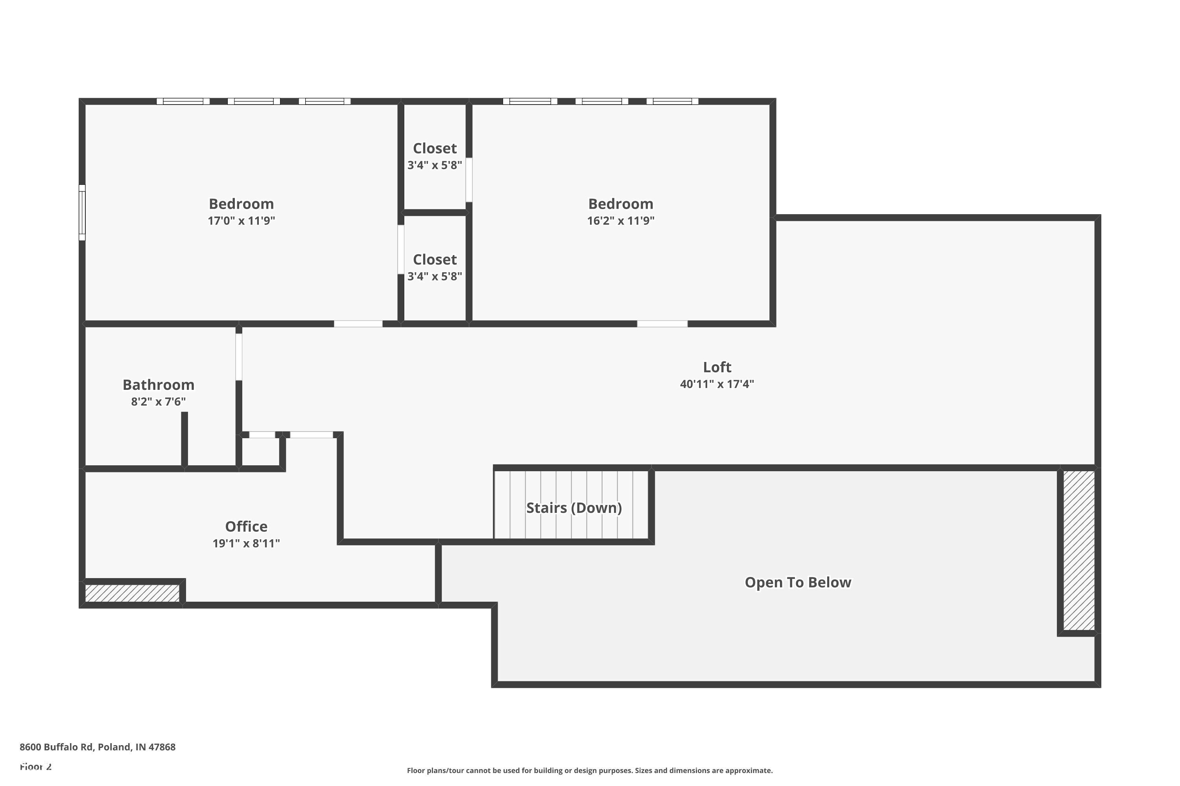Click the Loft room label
tap(717, 367)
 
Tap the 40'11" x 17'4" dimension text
tap(717, 384)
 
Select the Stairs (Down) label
tap(574, 508)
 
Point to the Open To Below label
tap(798, 582)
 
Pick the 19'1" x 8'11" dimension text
tap(246, 544)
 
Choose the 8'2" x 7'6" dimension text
tap(159, 402)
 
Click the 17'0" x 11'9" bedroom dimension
tap(242, 220)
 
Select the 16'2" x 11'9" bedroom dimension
tap(621, 220)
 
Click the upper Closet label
tap(435, 149)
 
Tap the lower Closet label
tap(435, 260)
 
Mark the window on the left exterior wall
tap(82, 213)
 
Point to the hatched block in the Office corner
tap(133, 593)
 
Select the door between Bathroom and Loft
tap(239, 357)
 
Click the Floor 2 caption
tap(36, 766)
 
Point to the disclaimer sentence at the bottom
tap(590, 770)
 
